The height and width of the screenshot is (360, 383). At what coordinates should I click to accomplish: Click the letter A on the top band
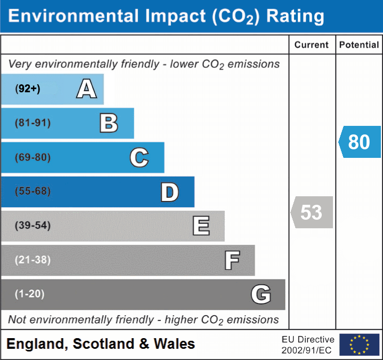pyautogui.click(x=86, y=89)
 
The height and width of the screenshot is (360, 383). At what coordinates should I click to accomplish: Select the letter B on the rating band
pyautogui.click(x=109, y=123)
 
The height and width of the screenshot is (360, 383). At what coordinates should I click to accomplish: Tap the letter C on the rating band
pyautogui.click(x=139, y=158)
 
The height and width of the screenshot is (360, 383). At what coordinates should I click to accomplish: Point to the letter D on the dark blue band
pyautogui.click(x=169, y=193)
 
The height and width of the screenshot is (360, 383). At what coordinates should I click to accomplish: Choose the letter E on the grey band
pyautogui.click(x=201, y=226)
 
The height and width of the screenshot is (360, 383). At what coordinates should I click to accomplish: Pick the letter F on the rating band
pyautogui.click(x=232, y=261)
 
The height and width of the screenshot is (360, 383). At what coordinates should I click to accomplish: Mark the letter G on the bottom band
pyautogui.click(x=261, y=294)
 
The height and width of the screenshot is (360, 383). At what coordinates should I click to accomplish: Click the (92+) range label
pyautogui.click(x=28, y=89)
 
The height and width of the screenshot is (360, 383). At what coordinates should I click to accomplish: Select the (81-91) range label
pyautogui.click(x=33, y=123)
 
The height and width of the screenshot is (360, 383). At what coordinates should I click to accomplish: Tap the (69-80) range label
pyautogui.click(x=33, y=158)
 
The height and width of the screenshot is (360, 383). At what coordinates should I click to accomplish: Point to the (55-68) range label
pyautogui.click(x=33, y=191)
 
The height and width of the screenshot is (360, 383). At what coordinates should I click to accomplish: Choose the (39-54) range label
pyautogui.click(x=33, y=226)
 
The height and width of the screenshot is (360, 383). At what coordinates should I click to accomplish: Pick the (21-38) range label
pyautogui.click(x=33, y=260)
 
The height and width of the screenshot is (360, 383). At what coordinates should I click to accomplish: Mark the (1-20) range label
pyautogui.click(x=30, y=294)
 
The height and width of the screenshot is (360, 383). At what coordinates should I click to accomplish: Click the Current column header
pyautogui.click(x=312, y=45)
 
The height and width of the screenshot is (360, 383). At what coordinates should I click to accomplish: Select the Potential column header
pyautogui.click(x=359, y=45)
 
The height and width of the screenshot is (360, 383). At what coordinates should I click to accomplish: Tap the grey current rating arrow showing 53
pyautogui.click(x=312, y=212)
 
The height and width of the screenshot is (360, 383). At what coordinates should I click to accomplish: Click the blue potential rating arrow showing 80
pyautogui.click(x=360, y=142)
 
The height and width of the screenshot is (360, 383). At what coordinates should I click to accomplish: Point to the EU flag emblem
pyautogui.click(x=359, y=345)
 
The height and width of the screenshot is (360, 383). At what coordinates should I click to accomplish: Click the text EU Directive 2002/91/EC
pyautogui.click(x=308, y=345)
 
